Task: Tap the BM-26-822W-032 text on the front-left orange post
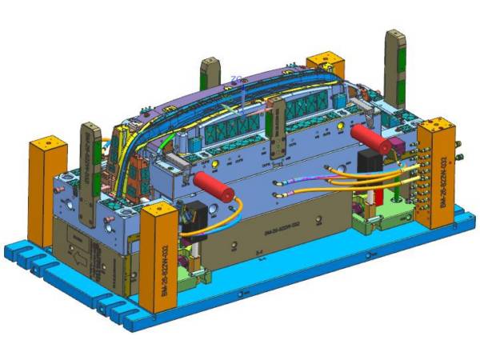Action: [x=161, y=263]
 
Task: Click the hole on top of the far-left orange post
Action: [x=46, y=142]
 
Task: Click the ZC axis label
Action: [x=236, y=78]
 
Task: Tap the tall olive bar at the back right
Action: [x=396, y=72]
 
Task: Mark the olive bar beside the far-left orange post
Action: [x=90, y=160]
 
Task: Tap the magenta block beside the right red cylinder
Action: [x=397, y=146]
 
